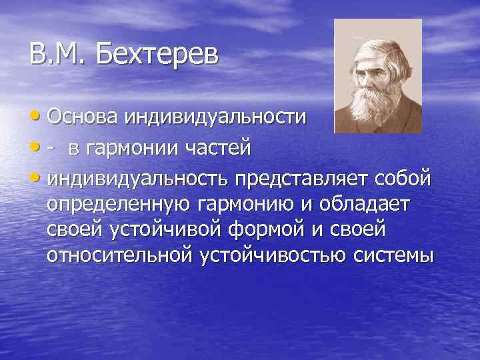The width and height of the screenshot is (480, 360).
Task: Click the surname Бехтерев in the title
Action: [157, 54]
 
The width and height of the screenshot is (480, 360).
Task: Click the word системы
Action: [391, 255]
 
